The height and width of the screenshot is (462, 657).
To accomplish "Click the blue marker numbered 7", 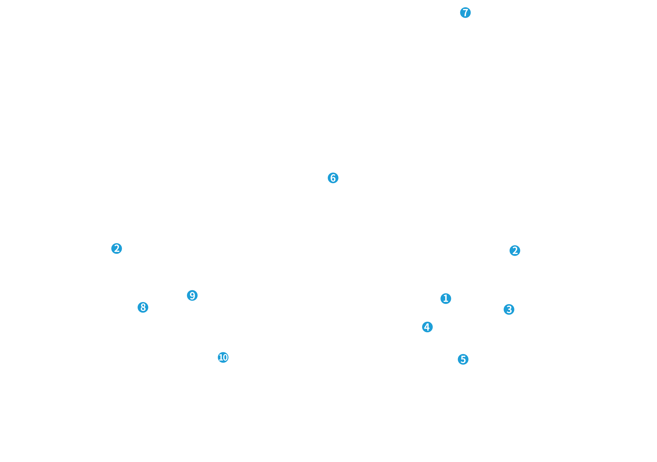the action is click(x=465, y=13).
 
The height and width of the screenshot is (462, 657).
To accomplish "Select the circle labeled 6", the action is click(x=333, y=178).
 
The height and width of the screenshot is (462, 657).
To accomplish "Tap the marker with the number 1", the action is click(x=446, y=299).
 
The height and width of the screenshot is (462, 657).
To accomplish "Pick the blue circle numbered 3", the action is click(x=509, y=309).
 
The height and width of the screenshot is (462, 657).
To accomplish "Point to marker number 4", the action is click(x=427, y=327).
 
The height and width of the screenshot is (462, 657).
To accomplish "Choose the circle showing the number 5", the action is click(x=463, y=359).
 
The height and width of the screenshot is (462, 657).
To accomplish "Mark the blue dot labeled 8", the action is click(x=143, y=307).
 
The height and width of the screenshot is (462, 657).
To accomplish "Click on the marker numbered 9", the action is click(x=192, y=295).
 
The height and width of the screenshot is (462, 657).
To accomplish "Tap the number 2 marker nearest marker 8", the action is click(x=117, y=249).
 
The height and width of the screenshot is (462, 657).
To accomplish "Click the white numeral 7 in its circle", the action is click(x=466, y=13).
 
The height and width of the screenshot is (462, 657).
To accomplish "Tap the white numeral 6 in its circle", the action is click(x=333, y=178).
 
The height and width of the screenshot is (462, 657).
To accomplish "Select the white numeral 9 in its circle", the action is click(x=192, y=295).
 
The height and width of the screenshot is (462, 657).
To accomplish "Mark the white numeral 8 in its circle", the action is click(x=143, y=307).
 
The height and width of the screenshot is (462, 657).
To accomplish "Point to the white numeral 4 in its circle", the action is click(x=427, y=327).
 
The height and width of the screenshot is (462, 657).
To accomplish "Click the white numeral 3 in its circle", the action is click(x=509, y=309).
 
